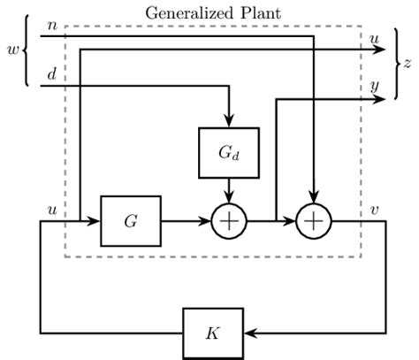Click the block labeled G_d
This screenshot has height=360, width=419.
coord(229,151)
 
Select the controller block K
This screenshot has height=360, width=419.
coord(212,333)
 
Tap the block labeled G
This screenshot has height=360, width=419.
coord(131,220)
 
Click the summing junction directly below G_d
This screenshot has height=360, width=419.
coord(229,220)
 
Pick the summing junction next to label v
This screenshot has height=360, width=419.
coord(312,220)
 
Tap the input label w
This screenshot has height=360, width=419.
coord(12,50)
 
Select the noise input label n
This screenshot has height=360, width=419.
coord(53,26)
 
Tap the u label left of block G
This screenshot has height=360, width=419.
coord(52,210)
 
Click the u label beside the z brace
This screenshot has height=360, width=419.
coord(376,38)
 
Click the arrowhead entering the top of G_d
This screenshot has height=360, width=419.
coord(229,122)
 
